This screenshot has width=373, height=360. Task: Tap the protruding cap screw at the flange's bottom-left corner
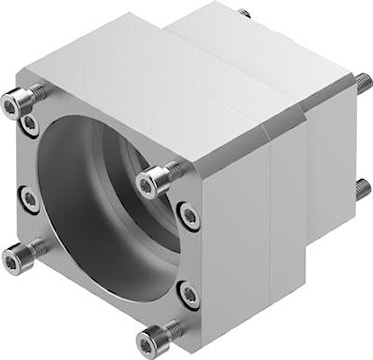tap(17, 255)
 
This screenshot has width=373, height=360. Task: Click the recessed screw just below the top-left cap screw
tap(32, 125)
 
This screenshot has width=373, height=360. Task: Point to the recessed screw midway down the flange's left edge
tap(30, 199)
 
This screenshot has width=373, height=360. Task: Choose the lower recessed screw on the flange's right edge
tap(187, 292)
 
